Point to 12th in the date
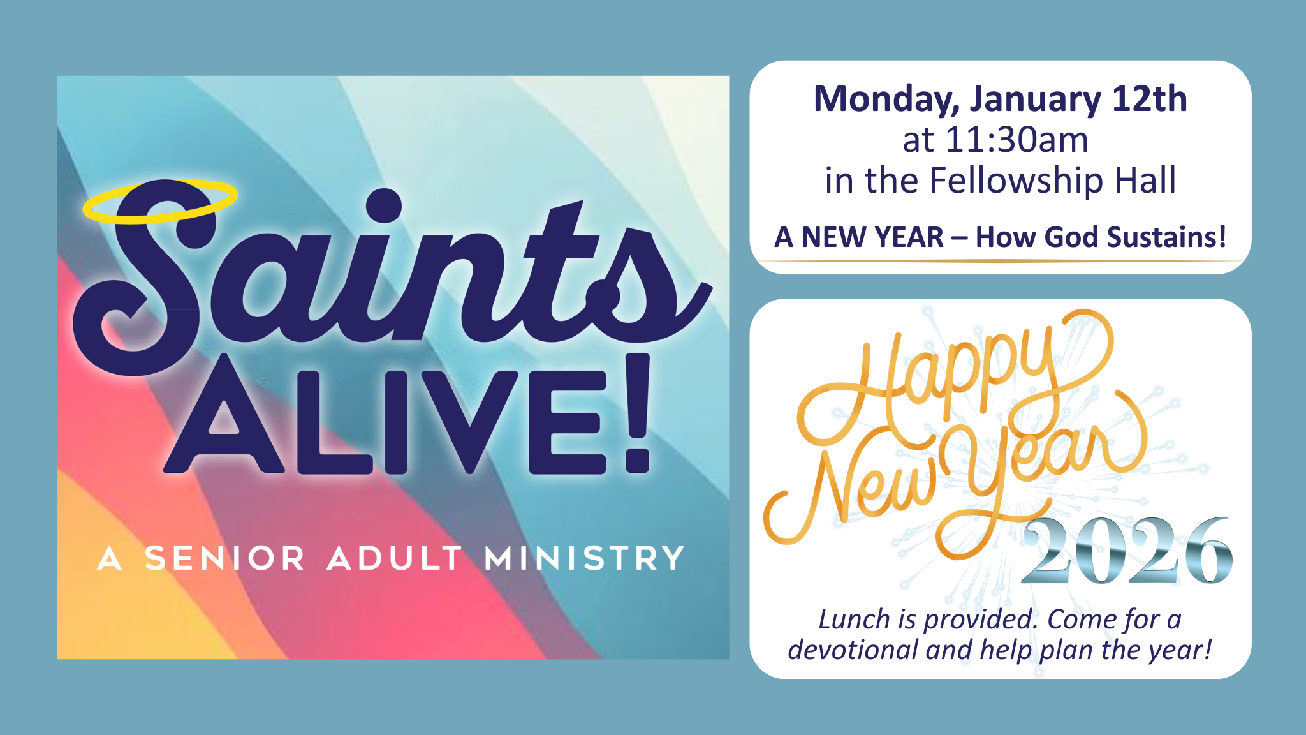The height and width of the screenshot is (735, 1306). [x=1149, y=99]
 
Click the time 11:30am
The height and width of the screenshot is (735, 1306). [x=1017, y=140]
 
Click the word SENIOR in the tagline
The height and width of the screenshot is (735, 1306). [x=225, y=558]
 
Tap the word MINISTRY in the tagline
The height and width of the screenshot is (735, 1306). [x=584, y=558]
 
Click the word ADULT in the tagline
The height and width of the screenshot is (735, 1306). [x=395, y=558]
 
